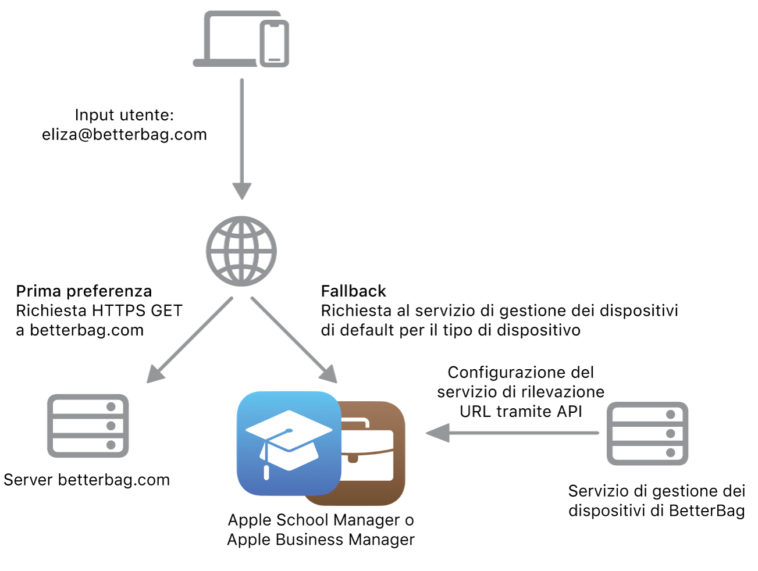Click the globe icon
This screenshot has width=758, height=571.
tap(241, 251)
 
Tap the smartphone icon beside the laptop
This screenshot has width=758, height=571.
tap(274, 44)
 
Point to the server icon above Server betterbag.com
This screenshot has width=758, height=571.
tap(88, 426)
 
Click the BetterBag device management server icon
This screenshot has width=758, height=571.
tap(647, 433)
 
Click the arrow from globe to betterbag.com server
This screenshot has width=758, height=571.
tap(190, 340)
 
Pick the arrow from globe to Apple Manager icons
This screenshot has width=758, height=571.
tap(294, 340)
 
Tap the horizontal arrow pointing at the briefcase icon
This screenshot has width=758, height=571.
tap(512, 433)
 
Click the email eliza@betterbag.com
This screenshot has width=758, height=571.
tap(124, 134)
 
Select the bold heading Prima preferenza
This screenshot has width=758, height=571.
tap(84, 291)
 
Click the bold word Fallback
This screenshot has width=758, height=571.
tap(354, 291)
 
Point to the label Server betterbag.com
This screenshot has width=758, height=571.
tap(87, 480)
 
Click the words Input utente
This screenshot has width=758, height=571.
tap(124, 115)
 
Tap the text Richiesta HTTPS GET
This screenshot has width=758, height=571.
tap(99, 311)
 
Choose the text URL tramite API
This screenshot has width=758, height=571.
tap(521, 411)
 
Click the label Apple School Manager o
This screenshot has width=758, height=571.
tap(321, 520)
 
